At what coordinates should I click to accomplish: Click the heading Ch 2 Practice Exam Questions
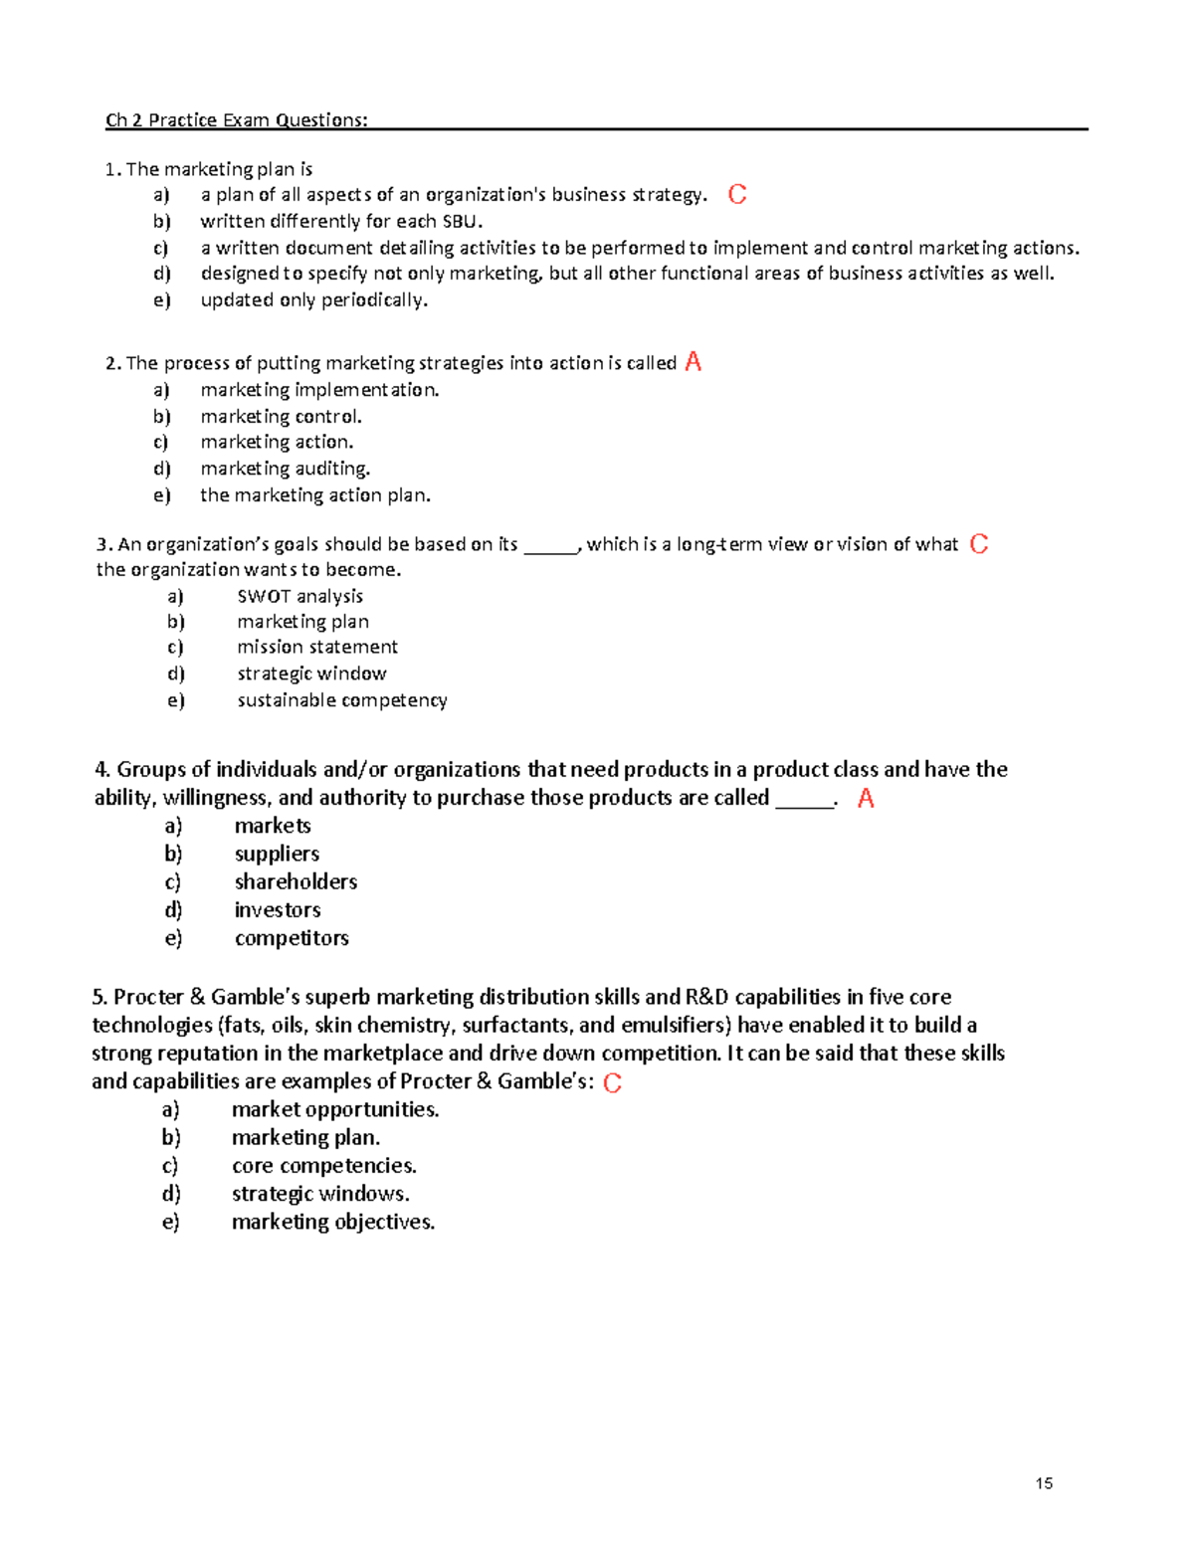pyautogui.click(x=236, y=120)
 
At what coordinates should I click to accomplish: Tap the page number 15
pyautogui.click(x=1044, y=1483)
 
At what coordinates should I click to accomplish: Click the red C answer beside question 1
pyautogui.click(x=737, y=194)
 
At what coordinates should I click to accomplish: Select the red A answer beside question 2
pyautogui.click(x=694, y=362)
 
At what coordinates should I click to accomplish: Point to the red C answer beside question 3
pyautogui.click(x=979, y=544)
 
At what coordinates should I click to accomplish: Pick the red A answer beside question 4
pyautogui.click(x=866, y=798)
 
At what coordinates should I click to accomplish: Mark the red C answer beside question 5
pyautogui.click(x=613, y=1082)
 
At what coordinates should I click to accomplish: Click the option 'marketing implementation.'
pyautogui.click(x=319, y=390)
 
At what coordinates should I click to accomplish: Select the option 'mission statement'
pyautogui.click(x=316, y=647)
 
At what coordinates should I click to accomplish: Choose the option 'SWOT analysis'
pyautogui.click(x=299, y=596)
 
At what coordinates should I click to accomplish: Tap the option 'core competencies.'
pyautogui.click(x=323, y=1165)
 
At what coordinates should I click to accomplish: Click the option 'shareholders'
pyautogui.click(x=296, y=881)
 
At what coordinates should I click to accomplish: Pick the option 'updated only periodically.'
pyautogui.click(x=313, y=299)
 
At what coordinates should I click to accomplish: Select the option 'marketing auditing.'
pyautogui.click(x=285, y=469)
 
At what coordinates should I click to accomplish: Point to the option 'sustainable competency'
pyautogui.click(x=341, y=700)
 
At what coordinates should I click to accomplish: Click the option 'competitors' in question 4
pyautogui.click(x=292, y=938)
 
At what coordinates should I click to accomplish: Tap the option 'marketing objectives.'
pyautogui.click(x=332, y=1222)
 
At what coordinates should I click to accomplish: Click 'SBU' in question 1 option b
pyautogui.click(x=462, y=222)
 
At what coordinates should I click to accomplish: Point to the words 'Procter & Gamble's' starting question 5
pyautogui.click(x=206, y=997)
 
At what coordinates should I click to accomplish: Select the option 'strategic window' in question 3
pyautogui.click(x=311, y=674)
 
